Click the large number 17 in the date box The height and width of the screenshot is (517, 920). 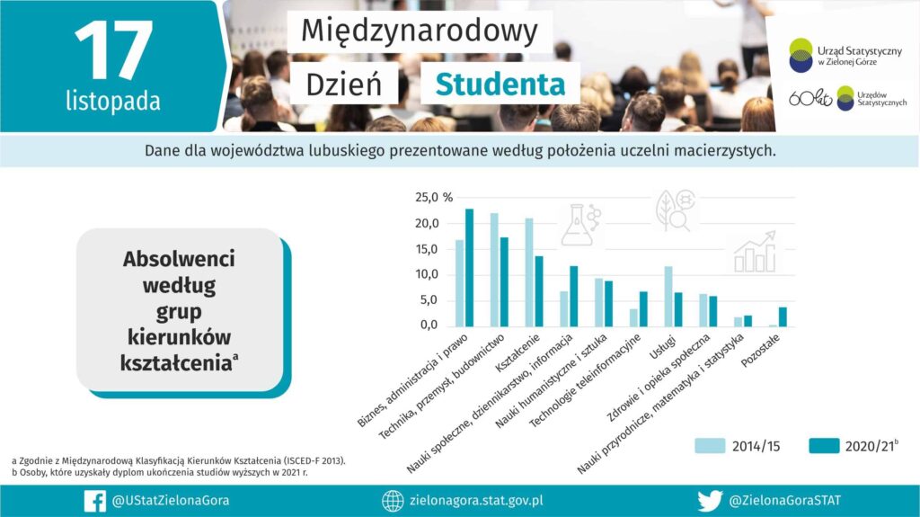pos(114,50)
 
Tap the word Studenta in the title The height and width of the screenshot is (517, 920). pos(500,84)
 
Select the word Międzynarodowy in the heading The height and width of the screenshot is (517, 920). pos(420,31)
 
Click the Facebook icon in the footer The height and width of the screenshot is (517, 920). pos(95,501)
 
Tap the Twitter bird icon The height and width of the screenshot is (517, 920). pos(710,501)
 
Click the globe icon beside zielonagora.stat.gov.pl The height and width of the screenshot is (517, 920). pos(393,501)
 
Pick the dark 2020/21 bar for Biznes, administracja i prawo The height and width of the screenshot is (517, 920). pos(469,268)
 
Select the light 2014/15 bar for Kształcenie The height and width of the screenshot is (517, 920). pos(529,272)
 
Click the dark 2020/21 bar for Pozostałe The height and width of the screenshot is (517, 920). pos(783,317)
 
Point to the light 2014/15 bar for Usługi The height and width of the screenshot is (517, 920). pos(668,297)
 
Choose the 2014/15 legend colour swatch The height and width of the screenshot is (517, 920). pos(710,446)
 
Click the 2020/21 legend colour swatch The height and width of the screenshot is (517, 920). pos(824,446)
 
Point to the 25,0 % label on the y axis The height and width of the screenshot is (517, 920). pos(434,198)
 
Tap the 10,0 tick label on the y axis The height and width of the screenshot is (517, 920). pos(427,274)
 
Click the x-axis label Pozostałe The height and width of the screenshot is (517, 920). pos(760,351)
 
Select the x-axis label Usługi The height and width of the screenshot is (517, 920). pos(663,347)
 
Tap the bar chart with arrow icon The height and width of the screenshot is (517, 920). pos(755,252)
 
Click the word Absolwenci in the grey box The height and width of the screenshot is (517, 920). pos(179,259)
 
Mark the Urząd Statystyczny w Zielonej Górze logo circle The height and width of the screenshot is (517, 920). pos(801,55)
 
